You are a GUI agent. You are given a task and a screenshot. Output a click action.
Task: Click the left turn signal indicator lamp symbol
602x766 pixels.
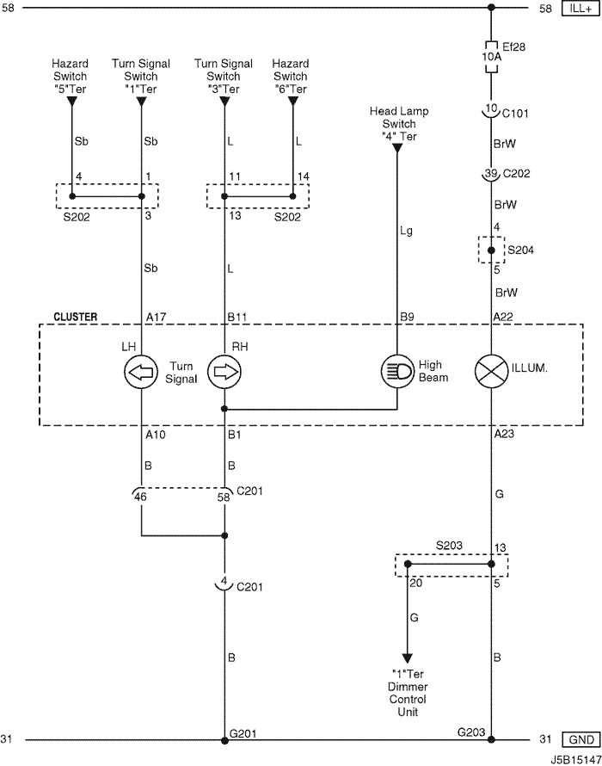click(x=141, y=372)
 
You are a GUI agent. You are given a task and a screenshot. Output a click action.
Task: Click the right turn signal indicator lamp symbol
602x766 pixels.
click(x=224, y=372)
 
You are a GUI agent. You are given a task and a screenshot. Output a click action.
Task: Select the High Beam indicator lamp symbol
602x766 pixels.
click(x=397, y=371)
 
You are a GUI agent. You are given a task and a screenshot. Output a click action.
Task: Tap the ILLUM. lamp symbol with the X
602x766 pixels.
click(x=491, y=371)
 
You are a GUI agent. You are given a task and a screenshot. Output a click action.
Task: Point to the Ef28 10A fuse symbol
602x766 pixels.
click(x=491, y=56)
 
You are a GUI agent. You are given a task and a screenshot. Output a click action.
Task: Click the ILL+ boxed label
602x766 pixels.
click(x=580, y=9)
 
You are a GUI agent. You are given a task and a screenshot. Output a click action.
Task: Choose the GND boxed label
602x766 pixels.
click(x=580, y=739)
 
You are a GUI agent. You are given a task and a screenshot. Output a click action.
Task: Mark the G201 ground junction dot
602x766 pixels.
click(x=224, y=740)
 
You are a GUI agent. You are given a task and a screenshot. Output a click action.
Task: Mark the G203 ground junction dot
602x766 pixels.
click(x=491, y=739)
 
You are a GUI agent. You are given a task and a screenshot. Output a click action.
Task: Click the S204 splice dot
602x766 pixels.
click(x=491, y=250)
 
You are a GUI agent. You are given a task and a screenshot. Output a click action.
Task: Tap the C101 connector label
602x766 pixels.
click(x=515, y=114)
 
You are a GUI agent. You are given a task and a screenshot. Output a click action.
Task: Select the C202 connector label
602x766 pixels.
click(x=516, y=173)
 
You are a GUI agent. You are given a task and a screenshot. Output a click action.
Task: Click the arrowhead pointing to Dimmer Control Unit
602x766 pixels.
click(x=407, y=658)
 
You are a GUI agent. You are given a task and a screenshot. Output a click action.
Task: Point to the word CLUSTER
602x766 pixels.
click(x=76, y=317)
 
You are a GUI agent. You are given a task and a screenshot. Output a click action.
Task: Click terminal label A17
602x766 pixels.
click(x=157, y=317)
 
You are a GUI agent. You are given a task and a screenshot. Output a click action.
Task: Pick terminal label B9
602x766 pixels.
click(x=407, y=317)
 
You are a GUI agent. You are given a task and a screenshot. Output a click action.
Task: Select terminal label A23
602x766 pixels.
click(x=504, y=433)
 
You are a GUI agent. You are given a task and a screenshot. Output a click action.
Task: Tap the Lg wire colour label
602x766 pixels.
click(x=406, y=230)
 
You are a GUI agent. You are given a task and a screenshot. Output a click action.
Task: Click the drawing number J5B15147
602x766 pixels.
click(x=575, y=760)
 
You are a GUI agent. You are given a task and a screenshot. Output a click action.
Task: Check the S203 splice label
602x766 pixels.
click(x=449, y=545)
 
